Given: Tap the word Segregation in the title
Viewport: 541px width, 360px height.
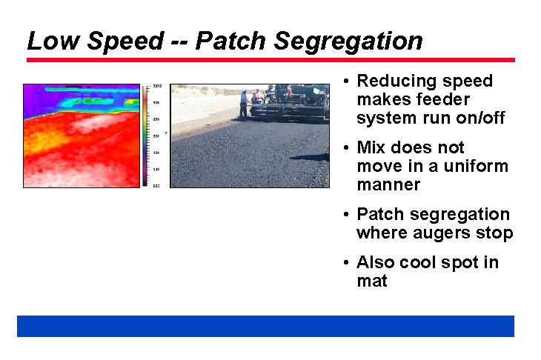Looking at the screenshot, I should (348, 41).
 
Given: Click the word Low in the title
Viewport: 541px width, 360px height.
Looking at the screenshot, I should (51, 41).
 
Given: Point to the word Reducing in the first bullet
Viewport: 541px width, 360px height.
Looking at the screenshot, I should (391, 81).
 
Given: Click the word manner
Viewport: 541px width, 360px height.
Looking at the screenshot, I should (388, 184).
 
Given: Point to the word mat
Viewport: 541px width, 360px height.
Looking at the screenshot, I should (371, 281).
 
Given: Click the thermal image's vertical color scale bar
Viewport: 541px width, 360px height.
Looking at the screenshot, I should (147, 135).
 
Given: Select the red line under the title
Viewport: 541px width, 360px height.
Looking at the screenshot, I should (270, 60).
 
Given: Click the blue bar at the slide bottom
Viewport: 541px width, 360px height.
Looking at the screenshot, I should (265, 326).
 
